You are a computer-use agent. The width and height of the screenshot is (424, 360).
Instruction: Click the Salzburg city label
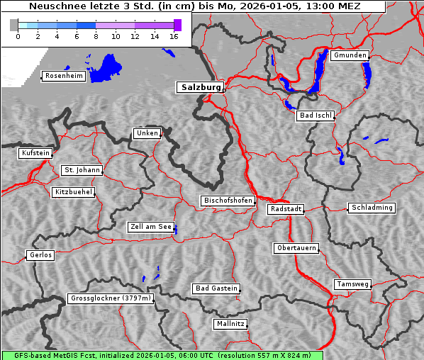point(200,87)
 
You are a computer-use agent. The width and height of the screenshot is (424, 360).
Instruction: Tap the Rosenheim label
point(63,76)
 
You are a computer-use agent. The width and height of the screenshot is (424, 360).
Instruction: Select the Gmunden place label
point(350,55)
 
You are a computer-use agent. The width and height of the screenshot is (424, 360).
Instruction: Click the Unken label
point(147,133)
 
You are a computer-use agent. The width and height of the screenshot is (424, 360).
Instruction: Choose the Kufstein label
point(35,153)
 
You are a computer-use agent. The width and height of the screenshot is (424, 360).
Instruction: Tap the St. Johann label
point(82,170)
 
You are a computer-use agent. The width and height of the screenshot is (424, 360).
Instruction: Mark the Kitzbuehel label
point(73,192)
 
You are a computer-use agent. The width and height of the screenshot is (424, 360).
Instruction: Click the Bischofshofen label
point(228,201)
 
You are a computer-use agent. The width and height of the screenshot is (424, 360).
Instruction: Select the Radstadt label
point(286,209)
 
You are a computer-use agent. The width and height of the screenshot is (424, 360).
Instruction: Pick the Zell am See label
point(151,227)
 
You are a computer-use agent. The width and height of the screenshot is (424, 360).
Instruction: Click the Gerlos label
point(40,255)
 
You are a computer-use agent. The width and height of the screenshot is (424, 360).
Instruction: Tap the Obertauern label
point(296,248)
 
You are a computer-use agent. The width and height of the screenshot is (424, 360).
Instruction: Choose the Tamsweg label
point(352,284)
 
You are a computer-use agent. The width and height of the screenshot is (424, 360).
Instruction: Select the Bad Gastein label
point(216,288)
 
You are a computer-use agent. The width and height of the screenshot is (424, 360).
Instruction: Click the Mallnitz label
point(230,324)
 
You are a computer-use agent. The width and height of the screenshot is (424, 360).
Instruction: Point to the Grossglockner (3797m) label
point(111,299)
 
